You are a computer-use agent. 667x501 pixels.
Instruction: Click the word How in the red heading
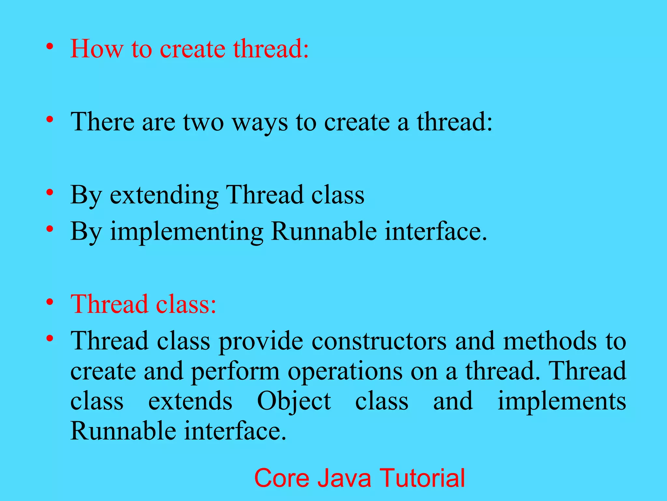[x=97, y=49]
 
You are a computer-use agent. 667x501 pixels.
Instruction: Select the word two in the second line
[x=203, y=122]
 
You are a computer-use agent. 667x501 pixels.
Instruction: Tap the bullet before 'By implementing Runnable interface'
[x=50, y=229]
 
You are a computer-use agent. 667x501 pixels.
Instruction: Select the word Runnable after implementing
[x=324, y=232]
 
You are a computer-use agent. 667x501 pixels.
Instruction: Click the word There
[x=102, y=122]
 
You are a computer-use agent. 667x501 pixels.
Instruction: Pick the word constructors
[x=379, y=341]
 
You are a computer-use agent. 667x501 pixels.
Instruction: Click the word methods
[x=550, y=341]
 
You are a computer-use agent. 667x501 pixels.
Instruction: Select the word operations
[x=345, y=372]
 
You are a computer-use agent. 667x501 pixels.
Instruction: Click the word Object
[x=294, y=402]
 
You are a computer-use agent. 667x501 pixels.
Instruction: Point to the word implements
[x=561, y=402]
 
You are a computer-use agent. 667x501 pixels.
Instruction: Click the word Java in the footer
[x=344, y=478]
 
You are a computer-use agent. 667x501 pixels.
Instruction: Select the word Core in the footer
[x=281, y=478]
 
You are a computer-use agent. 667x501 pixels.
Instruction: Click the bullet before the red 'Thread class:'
[x=50, y=302]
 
